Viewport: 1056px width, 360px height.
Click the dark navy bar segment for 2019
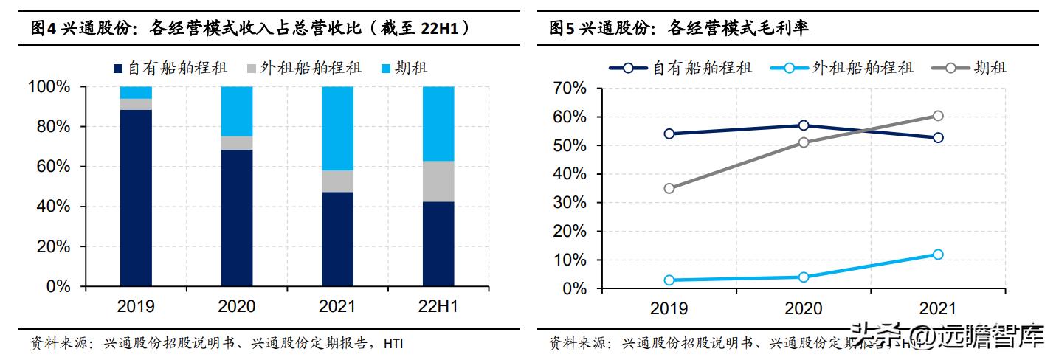click(x=136, y=198)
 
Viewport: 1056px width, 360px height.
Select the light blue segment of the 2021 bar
click(x=337, y=128)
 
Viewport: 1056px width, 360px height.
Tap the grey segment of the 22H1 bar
click(x=438, y=181)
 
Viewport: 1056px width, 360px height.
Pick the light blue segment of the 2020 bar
click(x=236, y=111)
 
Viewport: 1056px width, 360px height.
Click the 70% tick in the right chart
click(x=568, y=89)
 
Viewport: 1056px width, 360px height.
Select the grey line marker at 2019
click(x=669, y=188)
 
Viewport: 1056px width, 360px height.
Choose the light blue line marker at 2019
click(x=669, y=280)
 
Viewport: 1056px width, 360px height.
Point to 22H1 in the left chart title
click(x=440, y=29)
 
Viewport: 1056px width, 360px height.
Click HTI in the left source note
click(x=393, y=344)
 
